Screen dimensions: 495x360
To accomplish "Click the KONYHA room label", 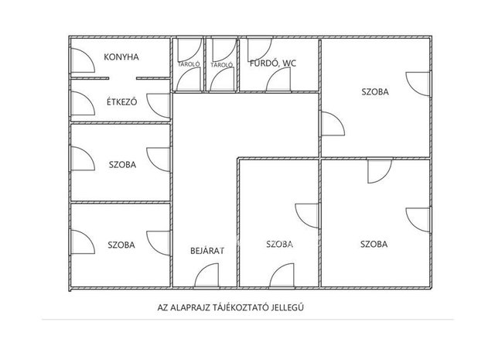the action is (x=121, y=57).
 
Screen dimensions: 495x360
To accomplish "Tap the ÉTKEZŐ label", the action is (x=122, y=102).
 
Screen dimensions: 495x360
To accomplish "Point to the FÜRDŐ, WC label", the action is (x=273, y=63).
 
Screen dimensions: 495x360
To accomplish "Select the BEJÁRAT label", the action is (x=207, y=251).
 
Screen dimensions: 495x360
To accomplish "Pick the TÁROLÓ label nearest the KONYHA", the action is (x=189, y=64).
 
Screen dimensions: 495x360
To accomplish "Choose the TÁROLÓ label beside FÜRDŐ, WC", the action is (x=222, y=65).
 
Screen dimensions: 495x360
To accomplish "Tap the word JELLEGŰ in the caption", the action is (x=288, y=307).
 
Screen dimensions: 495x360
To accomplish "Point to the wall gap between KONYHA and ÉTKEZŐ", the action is (x=122, y=78).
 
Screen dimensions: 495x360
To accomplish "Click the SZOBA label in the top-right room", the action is (x=375, y=92).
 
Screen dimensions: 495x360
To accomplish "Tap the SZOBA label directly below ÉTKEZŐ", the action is (x=122, y=165).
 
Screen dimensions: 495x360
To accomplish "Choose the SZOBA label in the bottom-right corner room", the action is (x=374, y=244).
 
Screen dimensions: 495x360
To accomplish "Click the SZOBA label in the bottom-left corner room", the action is (x=121, y=245).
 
